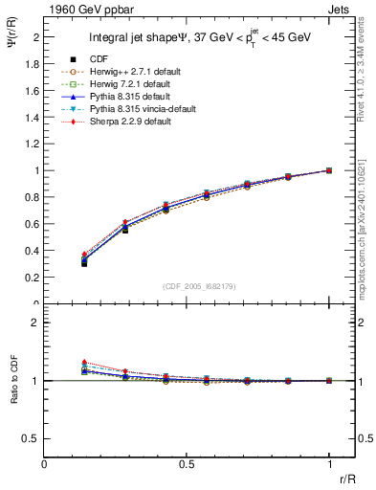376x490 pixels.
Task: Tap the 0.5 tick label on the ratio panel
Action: coord(33,438)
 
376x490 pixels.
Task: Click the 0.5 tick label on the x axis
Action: coord(187,463)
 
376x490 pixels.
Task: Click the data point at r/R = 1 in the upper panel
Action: coord(329,170)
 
